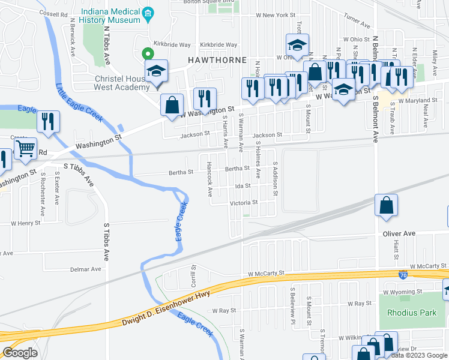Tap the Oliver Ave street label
pos(399,233)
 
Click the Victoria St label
pos(244,203)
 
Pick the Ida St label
pos(243,186)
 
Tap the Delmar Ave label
pos(85,269)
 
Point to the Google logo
pos(20,352)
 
